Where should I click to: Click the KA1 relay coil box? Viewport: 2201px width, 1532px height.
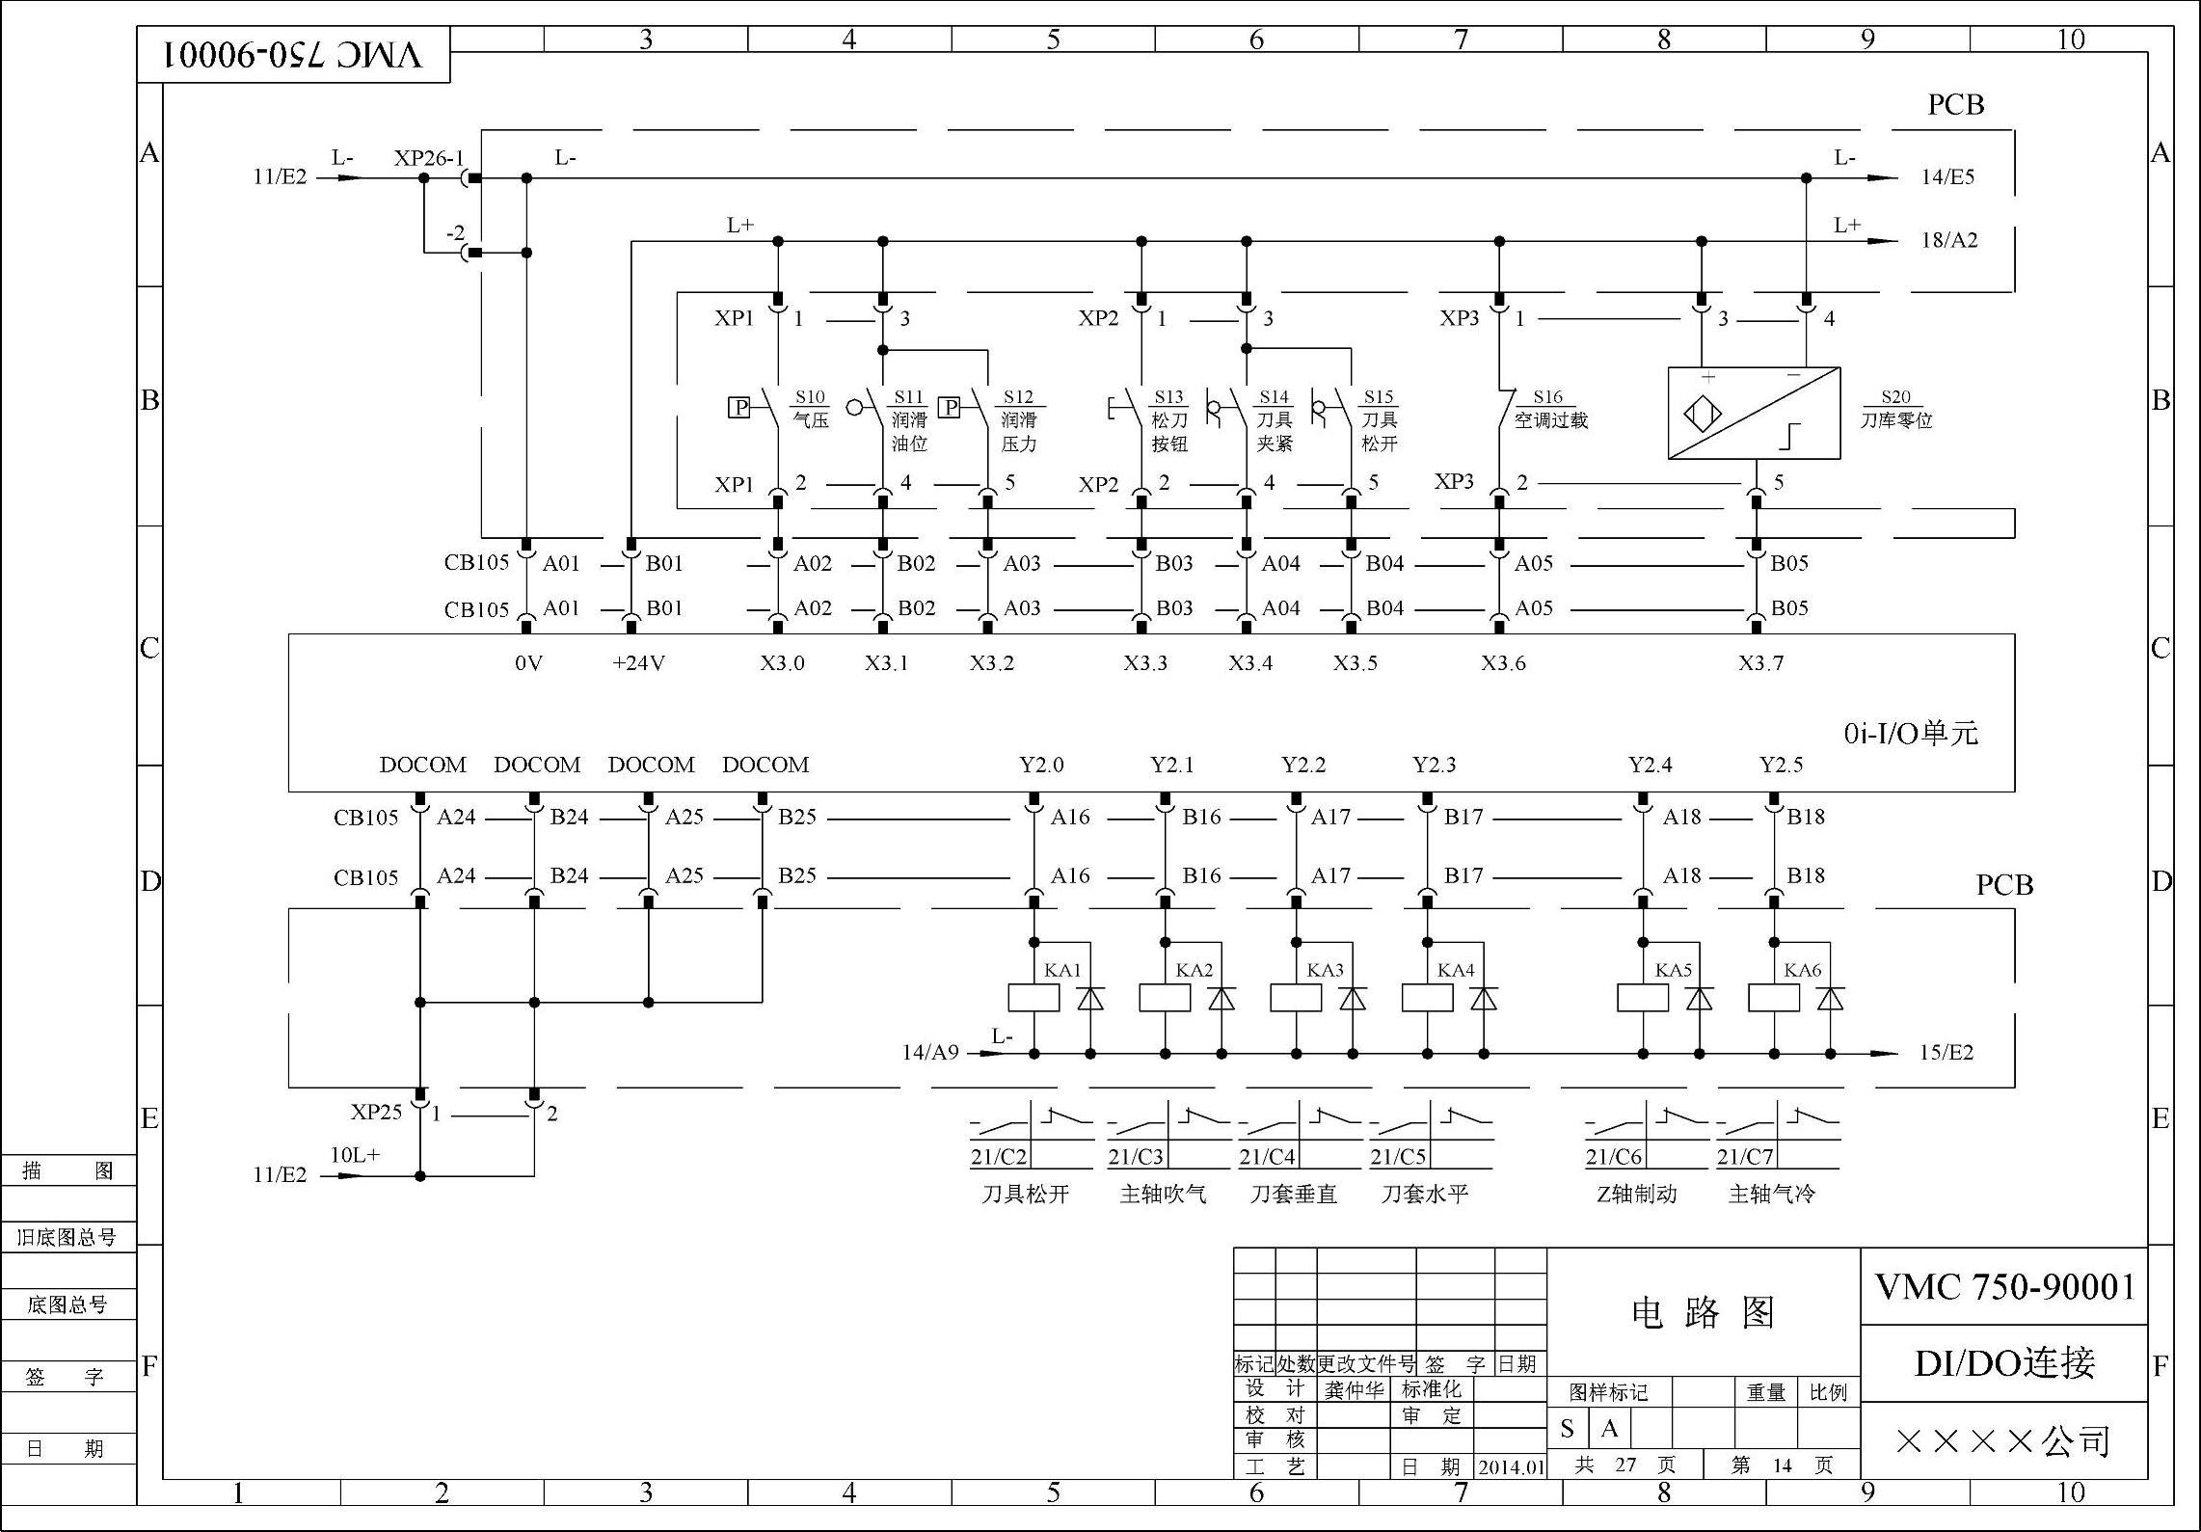point(1033,998)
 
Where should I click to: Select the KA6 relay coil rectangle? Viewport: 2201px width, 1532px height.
point(1774,998)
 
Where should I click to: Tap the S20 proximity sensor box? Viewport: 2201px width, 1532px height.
point(1754,413)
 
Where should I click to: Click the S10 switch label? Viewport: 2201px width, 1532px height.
point(810,397)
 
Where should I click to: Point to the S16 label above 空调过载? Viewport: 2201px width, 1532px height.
point(1547,397)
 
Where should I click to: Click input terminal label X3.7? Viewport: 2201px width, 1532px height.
point(1760,663)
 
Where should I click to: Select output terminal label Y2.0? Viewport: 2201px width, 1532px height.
point(1041,766)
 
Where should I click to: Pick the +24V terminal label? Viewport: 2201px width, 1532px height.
point(638,663)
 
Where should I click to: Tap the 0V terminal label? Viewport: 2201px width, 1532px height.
point(528,663)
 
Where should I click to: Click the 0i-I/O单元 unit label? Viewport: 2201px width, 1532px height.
point(1911,734)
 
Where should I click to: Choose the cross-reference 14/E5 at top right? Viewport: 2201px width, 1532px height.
point(1947,177)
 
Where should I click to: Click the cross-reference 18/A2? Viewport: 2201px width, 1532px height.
point(1948,240)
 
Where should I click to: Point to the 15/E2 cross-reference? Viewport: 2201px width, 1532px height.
point(1946,1053)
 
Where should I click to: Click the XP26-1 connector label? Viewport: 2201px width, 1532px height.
point(428,158)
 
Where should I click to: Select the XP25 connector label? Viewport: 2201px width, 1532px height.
point(376,1113)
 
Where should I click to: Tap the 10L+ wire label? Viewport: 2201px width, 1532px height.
point(355,1155)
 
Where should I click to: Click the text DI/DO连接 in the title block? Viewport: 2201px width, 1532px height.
point(2004,1363)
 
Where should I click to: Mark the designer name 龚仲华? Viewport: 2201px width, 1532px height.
point(1354,1390)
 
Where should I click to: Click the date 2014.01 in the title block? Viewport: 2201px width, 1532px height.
point(1511,1467)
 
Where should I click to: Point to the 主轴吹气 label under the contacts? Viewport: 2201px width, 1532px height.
point(1163,1195)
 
